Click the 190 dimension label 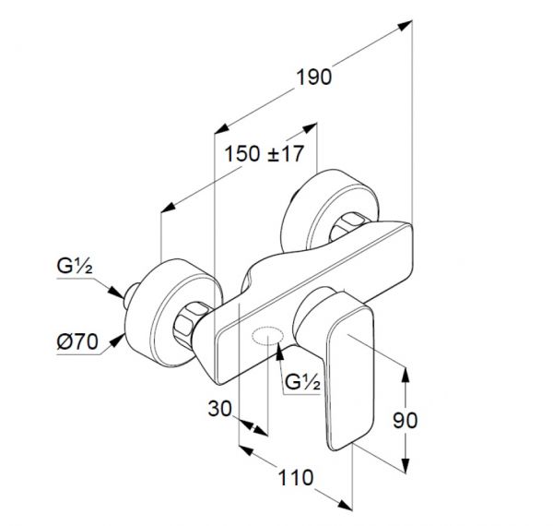pos(314,78)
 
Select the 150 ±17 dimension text pos(265,154)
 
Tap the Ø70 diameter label pos(77,341)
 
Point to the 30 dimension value pos(220,409)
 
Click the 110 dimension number pos(296,478)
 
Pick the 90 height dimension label pos(405,420)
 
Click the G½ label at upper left pos(75,266)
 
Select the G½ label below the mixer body pos(302,382)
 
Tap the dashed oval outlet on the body pos(267,335)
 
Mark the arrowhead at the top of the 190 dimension pos(406,26)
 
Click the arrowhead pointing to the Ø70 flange pos(117,341)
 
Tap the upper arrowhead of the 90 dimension pos(406,375)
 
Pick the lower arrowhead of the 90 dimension pos(406,465)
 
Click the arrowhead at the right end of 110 pos(345,504)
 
